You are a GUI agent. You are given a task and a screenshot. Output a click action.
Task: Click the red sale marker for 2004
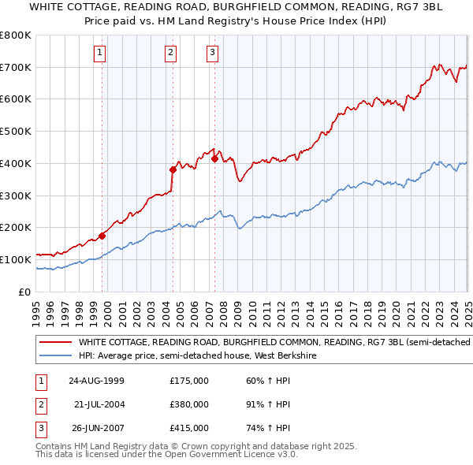pos(173,169)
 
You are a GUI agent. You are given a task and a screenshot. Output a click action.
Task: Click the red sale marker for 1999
pos(102,235)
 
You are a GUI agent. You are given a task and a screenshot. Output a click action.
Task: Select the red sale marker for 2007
pos(214,158)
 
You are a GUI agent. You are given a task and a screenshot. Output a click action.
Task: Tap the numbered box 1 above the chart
pos(100,53)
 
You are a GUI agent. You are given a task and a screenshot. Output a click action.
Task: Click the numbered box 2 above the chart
pos(170,53)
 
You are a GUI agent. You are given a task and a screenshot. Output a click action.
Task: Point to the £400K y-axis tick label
pos(15,163)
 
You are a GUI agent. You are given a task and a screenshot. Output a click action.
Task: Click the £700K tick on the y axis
pos(15,67)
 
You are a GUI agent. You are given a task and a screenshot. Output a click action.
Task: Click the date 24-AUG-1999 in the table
pos(96,381)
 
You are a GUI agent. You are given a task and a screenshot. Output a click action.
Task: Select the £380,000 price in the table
pos(189,404)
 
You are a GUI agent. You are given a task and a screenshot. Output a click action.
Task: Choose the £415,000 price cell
pos(189,429)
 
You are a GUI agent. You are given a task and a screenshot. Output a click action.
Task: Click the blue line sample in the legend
pos(55,355)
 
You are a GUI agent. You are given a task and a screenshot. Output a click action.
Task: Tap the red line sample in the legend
pos(55,342)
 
